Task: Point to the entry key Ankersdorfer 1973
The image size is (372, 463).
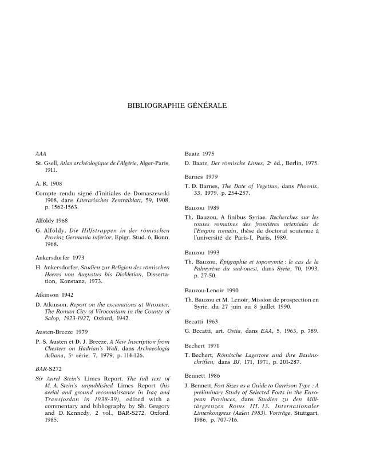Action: (x=60, y=257)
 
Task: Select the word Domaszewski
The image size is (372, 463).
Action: (x=151, y=195)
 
